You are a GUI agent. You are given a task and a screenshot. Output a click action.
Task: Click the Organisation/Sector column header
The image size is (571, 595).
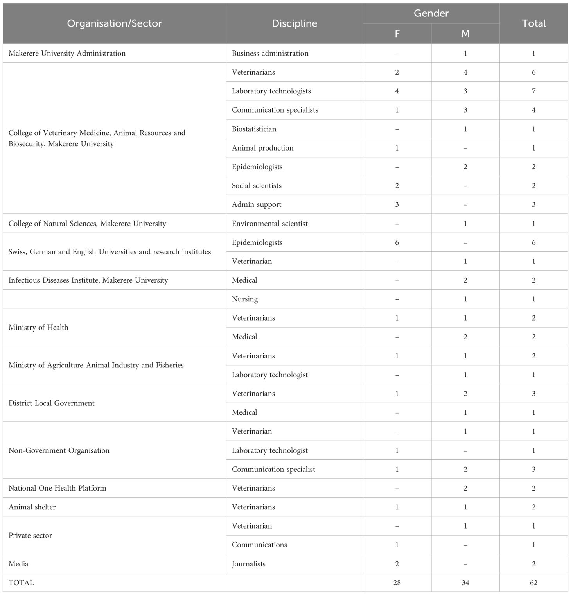click(114, 23)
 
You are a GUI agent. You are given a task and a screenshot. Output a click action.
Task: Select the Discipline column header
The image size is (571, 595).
click(294, 23)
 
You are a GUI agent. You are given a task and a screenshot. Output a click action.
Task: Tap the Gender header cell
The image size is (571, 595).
click(431, 13)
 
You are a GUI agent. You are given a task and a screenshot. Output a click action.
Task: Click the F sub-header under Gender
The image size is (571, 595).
click(397, 34)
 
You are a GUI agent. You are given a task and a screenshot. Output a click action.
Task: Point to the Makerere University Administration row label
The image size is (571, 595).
click(67, 53)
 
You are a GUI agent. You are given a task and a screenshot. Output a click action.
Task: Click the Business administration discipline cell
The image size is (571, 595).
click(270, 53)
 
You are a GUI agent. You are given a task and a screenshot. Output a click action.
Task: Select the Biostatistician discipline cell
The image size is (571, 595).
click(254, 129)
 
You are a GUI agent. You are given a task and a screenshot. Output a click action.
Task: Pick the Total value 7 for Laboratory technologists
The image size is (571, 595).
click(533, 91)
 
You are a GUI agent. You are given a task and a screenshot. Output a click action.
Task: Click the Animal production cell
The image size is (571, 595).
click(262, 148)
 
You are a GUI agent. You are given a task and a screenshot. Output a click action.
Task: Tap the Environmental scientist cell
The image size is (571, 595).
click(269, 224)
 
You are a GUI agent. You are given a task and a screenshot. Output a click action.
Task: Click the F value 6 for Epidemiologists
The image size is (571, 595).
click(397, 242)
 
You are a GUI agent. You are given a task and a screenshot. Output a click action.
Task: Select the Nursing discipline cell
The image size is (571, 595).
click(244, 299)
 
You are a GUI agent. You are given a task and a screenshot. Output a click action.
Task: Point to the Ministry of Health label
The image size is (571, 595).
click(38, 327)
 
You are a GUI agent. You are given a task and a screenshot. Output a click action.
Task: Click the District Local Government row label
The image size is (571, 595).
click(51, 403)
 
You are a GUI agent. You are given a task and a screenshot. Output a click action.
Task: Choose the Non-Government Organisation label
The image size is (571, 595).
click(59, 450)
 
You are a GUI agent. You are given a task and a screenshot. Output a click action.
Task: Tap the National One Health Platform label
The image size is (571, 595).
click(57, 488)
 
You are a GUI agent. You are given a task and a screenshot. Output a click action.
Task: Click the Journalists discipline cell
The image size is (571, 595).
click(248, 564)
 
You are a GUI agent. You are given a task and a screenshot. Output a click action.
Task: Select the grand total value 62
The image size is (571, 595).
click(533, 582)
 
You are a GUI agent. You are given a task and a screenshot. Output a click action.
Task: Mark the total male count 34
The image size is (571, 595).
click(465, 582)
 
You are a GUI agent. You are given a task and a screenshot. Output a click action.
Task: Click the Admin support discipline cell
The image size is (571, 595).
click(256, 204)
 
